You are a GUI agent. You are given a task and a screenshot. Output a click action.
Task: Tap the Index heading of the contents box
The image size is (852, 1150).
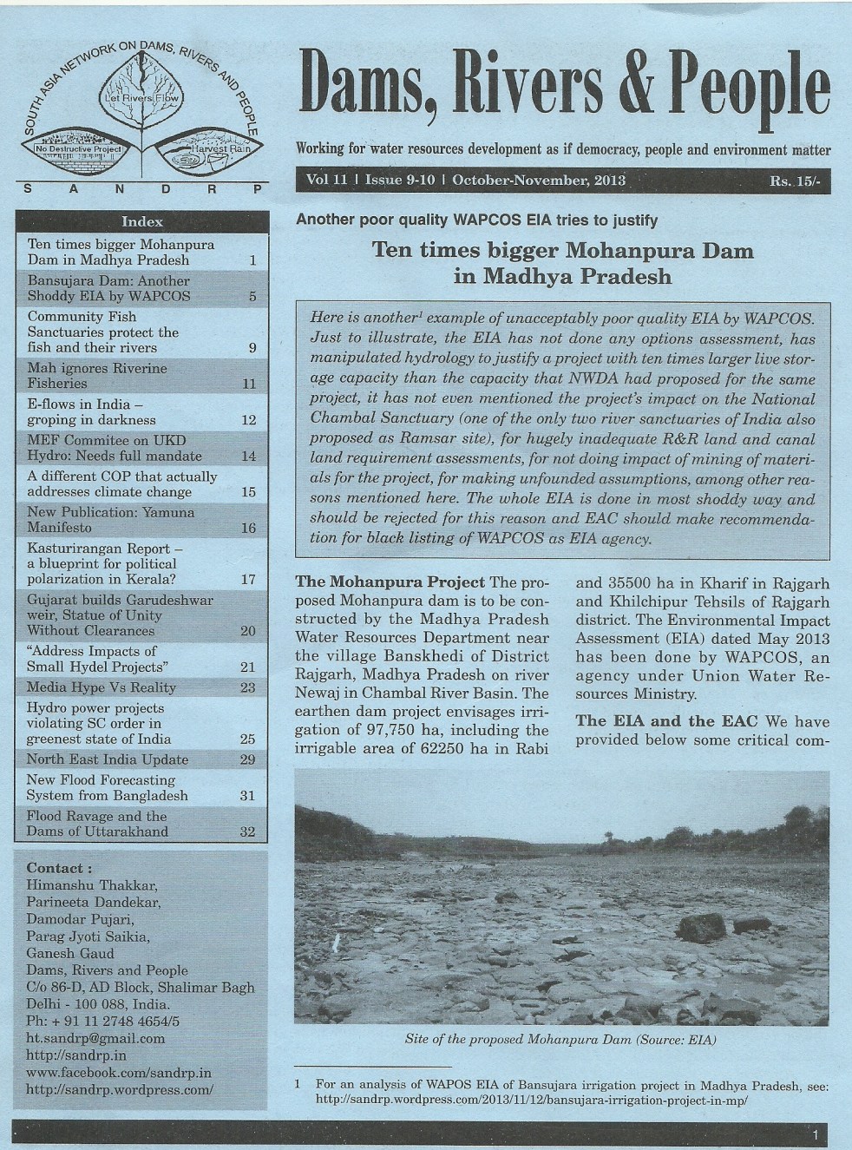tap(142, 221)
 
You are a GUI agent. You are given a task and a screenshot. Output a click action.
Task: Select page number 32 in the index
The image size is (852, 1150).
tap(248, 831)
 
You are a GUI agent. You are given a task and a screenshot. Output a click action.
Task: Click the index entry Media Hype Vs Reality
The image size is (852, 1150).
tap(102, 687)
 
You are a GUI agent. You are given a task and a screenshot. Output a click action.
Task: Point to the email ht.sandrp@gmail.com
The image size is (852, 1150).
tap(95, 1038)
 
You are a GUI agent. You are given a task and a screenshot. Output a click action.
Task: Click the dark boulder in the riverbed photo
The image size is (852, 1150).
tap(701, 926)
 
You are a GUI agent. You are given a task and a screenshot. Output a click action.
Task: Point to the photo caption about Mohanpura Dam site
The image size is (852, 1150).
tap(560, 1039)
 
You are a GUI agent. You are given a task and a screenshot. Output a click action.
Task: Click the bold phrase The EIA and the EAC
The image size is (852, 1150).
tap(666, 721)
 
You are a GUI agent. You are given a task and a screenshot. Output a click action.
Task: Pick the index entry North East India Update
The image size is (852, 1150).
tap(108, 759)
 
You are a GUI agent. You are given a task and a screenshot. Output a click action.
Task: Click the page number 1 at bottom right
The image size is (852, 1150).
tap(816, 1134)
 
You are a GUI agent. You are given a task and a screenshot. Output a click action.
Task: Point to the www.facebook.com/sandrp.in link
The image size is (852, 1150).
tap(119, 1073)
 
